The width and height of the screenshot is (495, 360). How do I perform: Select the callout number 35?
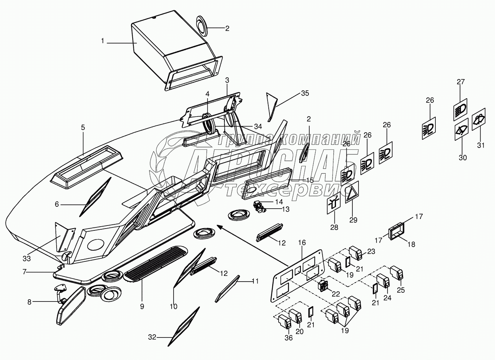coord(305,93)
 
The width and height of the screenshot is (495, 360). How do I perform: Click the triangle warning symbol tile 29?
coord(352,192)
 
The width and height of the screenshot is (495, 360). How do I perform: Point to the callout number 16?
coord(302,243)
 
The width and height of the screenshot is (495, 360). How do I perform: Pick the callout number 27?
coord(461,81)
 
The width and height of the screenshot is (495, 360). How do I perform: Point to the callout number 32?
coord(152,337)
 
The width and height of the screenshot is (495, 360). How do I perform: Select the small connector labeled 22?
coord(323,285)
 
